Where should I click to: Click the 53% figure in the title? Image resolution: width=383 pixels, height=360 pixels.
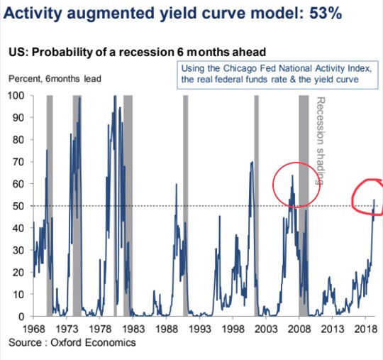[326, 13]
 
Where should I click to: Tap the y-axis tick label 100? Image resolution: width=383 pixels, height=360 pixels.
[16, 95]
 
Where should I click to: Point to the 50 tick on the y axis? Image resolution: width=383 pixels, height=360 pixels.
[18, 206]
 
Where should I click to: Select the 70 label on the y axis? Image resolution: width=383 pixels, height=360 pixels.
[18, 162]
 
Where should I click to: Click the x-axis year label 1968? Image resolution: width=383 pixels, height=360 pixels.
[34, 329]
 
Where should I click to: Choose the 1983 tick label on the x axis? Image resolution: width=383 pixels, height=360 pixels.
[133, 329]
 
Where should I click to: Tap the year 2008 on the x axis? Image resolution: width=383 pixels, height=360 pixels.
[299, 329]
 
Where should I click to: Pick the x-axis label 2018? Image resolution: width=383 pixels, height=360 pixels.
[366, 329]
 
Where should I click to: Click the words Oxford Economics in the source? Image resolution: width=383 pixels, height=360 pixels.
[93, 342]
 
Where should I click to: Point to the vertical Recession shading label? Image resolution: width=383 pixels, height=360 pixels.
[320, 141]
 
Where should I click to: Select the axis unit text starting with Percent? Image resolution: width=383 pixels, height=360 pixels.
[55, 79]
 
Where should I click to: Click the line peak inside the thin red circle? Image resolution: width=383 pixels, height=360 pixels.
[292, 175]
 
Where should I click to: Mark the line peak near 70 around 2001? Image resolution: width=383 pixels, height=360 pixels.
[252, 162]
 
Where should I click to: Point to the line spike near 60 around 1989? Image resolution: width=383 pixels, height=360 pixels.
[177, 184]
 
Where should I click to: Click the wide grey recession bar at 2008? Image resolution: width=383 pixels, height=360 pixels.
[304, 205]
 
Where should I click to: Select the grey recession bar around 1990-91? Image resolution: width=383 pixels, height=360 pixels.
[186, 205]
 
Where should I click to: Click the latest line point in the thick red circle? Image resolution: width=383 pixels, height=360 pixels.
[374, 200]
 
